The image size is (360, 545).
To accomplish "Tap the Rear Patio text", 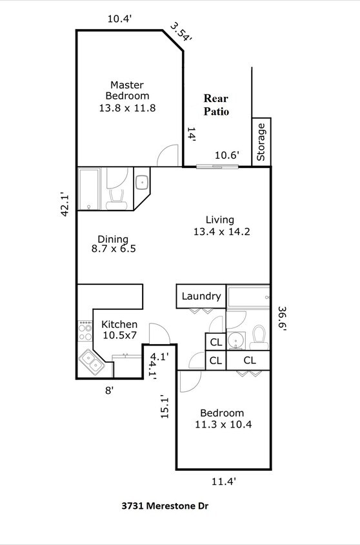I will tap(217, 105).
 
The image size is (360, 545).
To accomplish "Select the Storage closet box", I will tap(261, 142).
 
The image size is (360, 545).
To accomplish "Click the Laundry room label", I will tap(201, 296).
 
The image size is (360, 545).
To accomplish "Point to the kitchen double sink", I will tap(91, 363).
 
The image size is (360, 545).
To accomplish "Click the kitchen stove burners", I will tap(85, 331).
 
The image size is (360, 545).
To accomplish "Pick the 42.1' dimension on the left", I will tap(65, 204).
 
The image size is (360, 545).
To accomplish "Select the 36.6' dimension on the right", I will tap(282, 318).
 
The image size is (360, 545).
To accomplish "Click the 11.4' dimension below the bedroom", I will tap(224, 480).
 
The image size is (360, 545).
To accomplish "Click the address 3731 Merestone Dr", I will tap(165, 507).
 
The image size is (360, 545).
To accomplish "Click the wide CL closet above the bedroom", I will tap(248, 360).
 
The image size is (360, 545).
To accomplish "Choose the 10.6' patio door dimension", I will tap(227, 155).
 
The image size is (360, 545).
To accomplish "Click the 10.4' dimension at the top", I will tap(119, 19).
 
